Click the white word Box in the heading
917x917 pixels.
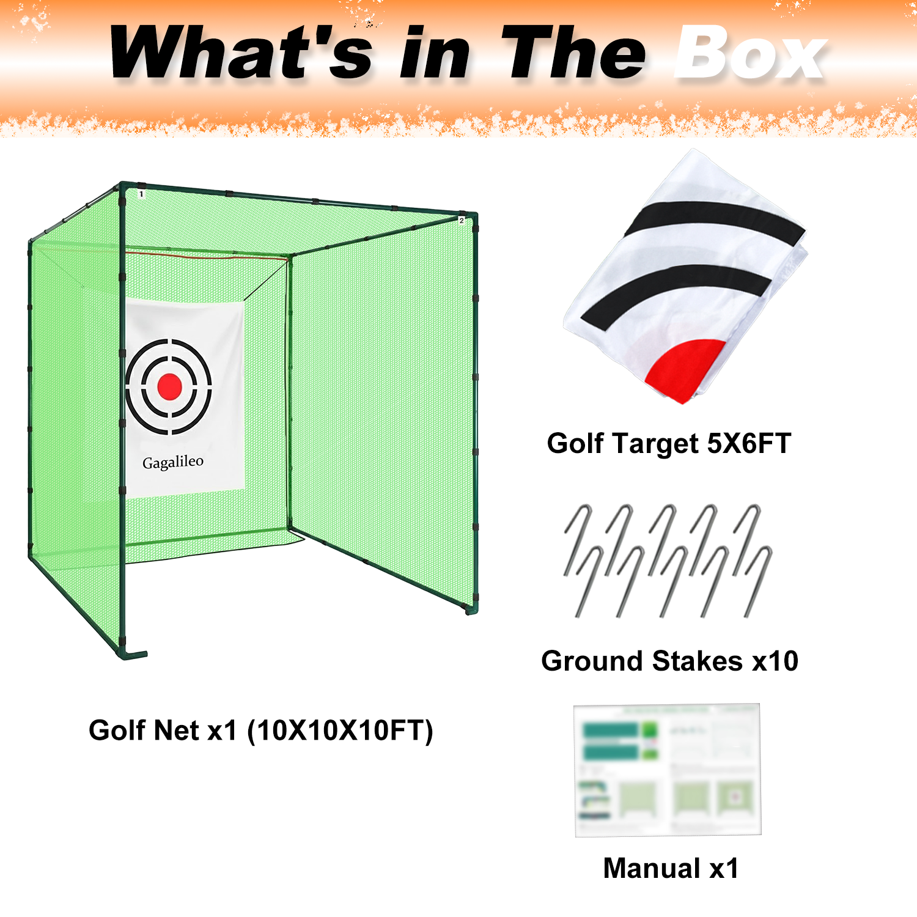pyautogui.click(x=751, y=54)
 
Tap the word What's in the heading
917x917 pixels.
pyautogui.click(x=241, y=54)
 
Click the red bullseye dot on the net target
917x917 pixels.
pyautogui.click(x=169, y=386)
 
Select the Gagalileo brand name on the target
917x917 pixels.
pyautogui.click(x=173, y=462)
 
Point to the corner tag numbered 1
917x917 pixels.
pyautogui.click(x=141, y=194)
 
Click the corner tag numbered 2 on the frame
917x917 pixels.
pyautogui.click(x=462, y=220)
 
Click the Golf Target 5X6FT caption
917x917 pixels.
pyautogui.click(x=669, y=443)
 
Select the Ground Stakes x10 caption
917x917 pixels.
pyautogui.click(x=669, y=661)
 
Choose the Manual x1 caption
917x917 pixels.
pyautogui.click(x=671, y=868)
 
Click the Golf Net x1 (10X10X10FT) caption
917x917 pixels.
pyautogui.click(x=261, y=730)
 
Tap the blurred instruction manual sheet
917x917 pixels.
pyautogui.click(x=668, y=770)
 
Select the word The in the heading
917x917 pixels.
pyautogui.click(x=573, y=54)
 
